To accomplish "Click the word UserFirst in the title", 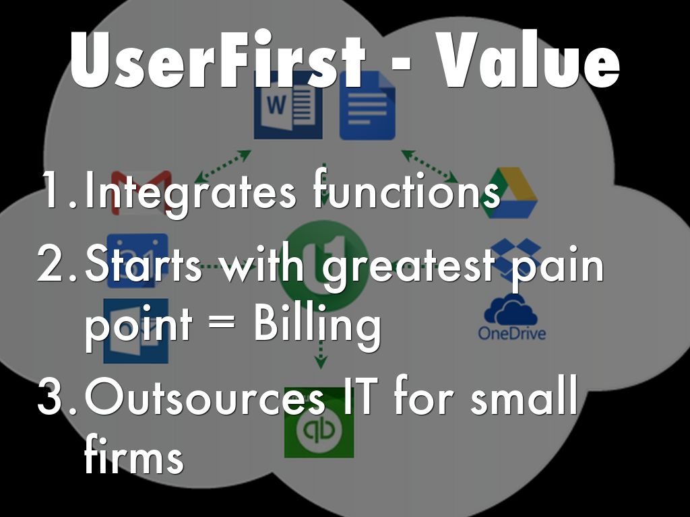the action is [x=218, y=60].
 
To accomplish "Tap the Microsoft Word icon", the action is [x=288, y=106].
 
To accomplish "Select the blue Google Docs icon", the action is [x=367, y=106].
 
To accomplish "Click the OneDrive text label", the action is [x=512, y=333].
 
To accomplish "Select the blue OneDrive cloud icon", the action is [x=511, y=309].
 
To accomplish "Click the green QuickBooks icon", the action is [x=319, y=423].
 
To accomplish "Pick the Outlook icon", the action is [x=136, y=331].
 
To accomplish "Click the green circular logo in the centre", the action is [x=323, y=266].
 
